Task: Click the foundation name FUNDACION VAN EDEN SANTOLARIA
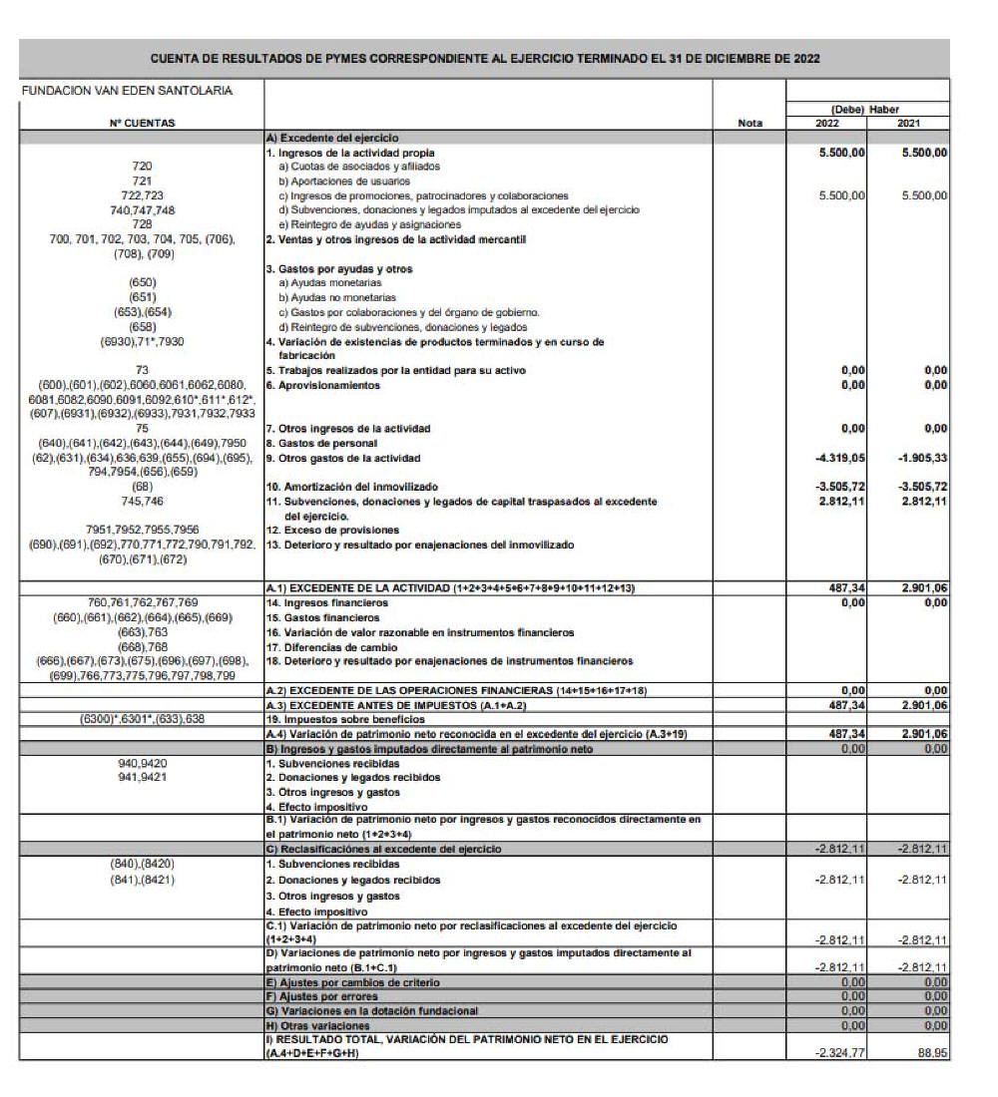point(127,91)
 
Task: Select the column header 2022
point(827,123)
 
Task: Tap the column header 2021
point(908,123)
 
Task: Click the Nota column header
point(749,123)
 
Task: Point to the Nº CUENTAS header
point(142,123)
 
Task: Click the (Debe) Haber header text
point(867,109)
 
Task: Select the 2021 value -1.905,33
point(921,458)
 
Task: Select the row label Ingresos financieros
point(318,602)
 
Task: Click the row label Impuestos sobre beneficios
point(339,718)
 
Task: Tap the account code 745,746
point(142,501)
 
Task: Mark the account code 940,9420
point(142,763)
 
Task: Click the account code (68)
point(142,487)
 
